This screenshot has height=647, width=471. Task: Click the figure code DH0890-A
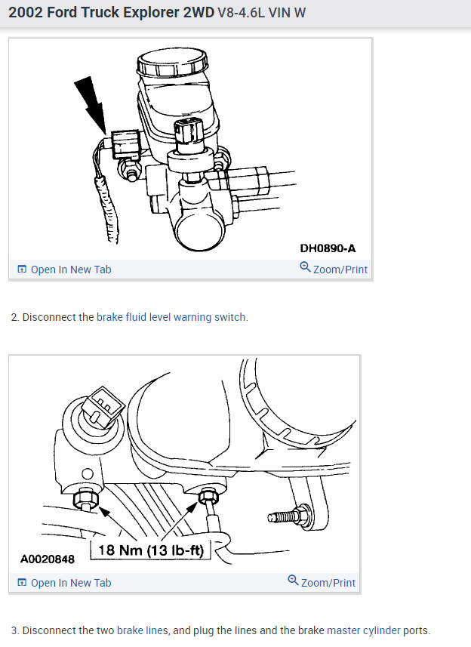pyautogui.click(x=328, y=248)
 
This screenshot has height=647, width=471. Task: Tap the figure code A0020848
pyautogui.click(x=48, y=560)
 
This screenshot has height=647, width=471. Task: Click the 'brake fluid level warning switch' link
pyautogui.click(x=171, y=317)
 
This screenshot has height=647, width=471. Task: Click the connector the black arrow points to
pyautogui.click(x=125, y=143)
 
